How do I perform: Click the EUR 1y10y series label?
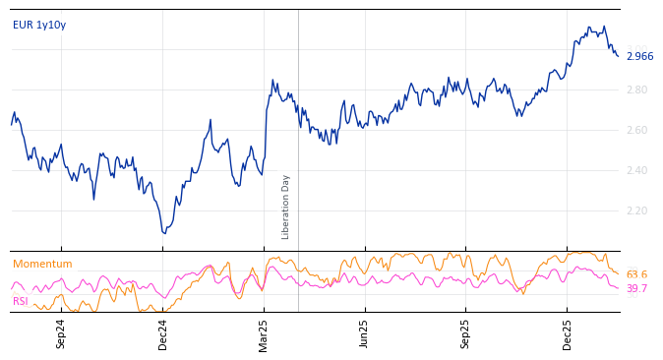[39, 26]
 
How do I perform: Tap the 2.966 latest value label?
[639, 57]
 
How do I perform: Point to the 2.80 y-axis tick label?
[637, 90]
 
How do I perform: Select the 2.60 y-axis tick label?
[637, 131]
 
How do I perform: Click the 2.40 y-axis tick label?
[637, 171]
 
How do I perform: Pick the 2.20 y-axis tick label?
[637, 211]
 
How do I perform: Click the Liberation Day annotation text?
[286, 207]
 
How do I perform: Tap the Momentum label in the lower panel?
[42, 265]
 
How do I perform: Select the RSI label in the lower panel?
[21, 302]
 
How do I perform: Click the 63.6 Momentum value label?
[636, 275]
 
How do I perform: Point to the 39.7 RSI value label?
[636, 289]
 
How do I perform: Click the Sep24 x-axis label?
[61, 333]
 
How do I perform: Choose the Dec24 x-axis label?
[163, 333]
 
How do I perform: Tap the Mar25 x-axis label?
[264, 333]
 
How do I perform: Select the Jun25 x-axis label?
[364, 333]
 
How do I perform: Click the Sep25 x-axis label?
[465, 333]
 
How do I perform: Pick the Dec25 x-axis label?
[567, 333]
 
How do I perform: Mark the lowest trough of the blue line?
[164, 233]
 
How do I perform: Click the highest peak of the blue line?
[604, 27]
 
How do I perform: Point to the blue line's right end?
[619, 56]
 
